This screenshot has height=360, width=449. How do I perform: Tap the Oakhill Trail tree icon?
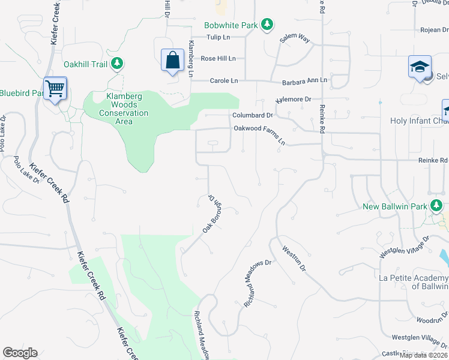tap(118, 63)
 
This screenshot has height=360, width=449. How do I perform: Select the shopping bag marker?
tap(172, 61)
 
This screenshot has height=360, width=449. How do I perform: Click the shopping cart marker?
tap(55, 89)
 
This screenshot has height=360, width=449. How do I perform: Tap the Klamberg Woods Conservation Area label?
tap(115, 109)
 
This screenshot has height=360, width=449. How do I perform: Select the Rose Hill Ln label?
tap(218, 58)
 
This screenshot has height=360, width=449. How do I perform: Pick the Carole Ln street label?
tap(223, 80)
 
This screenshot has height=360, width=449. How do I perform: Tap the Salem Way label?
tap(295, 39)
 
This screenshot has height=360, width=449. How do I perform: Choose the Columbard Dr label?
tap(253, 115)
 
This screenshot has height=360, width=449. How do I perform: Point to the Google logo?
tap(20, 353)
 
